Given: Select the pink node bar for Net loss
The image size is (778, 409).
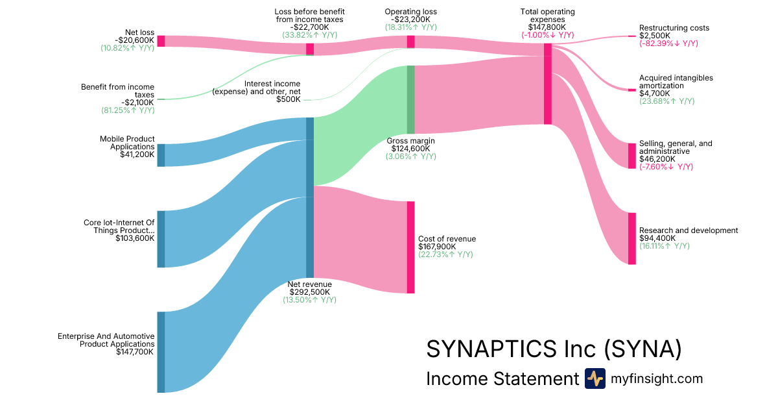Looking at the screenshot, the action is (x=161, y=41).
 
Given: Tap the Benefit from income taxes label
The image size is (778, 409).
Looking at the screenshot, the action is (x=117, y=90).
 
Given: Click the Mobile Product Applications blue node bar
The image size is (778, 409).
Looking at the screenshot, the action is (x=161, y=155).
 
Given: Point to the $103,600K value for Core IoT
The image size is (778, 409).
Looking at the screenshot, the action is (x=135, y=238).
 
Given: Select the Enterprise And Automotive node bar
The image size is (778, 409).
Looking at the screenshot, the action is (x=161, y=352).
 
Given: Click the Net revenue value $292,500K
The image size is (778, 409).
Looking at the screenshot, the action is (x=310, y=292).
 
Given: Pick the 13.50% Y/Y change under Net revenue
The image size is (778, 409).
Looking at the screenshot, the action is (x=310, y=300).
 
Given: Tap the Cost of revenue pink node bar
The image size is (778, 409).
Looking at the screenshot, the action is (x=410, y=247).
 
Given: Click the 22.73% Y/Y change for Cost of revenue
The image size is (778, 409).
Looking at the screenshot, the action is (x=445, y=254).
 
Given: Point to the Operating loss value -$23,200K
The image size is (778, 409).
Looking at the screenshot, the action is (x=410, y=19).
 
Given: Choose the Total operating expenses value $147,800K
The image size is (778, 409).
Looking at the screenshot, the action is (x=547, y=27).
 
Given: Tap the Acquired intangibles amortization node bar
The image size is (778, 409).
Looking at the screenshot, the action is (x=631, y=90).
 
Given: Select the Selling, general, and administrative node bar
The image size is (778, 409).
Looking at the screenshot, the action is (x=631, y=156).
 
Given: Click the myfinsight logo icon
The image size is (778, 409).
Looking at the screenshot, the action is (x=595, y=378).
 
